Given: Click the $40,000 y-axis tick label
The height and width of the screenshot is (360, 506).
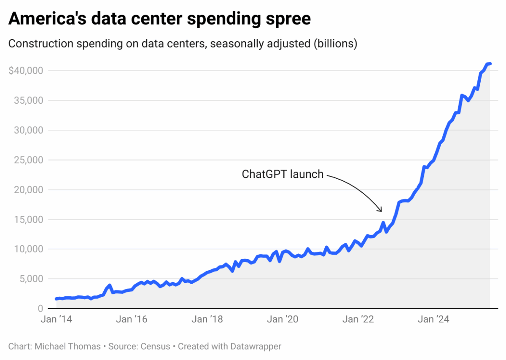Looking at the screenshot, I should click(x=26, y=70).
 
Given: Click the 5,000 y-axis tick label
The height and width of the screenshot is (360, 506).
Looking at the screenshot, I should click(x=30, y=279).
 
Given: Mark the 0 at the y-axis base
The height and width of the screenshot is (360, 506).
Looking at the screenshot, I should click(x=40, y=309).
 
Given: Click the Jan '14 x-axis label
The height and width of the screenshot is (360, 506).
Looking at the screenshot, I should click(x=57, y=320).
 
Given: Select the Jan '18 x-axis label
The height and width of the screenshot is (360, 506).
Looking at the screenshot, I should click(x=207, y=320).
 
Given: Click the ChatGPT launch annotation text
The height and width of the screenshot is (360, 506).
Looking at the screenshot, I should click(x=283, y=174).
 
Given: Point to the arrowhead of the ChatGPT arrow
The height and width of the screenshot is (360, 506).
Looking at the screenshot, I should click(x=381, y=211).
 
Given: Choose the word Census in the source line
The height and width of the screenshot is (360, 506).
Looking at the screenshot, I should click(x=156, y=347).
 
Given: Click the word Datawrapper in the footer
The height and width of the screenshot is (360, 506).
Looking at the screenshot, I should click(x=257, y=347).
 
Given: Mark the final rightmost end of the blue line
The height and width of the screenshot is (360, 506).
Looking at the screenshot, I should click(x=490, y=64).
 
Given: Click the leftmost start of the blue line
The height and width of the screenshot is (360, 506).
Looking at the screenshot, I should click(x=56, y=298).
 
